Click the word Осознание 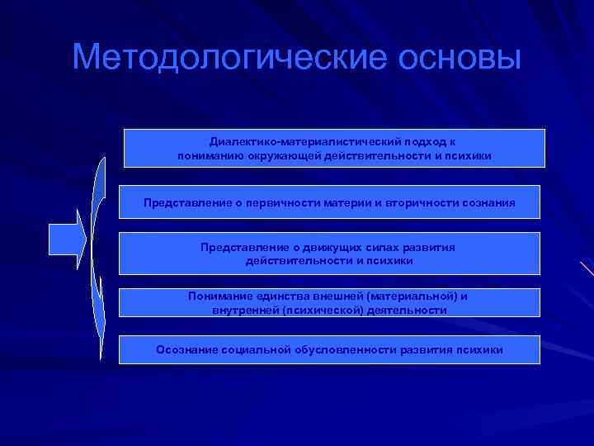pyautogui.click(x=187, y=349)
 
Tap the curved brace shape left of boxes pyautogui.click(x=98, y=248)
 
